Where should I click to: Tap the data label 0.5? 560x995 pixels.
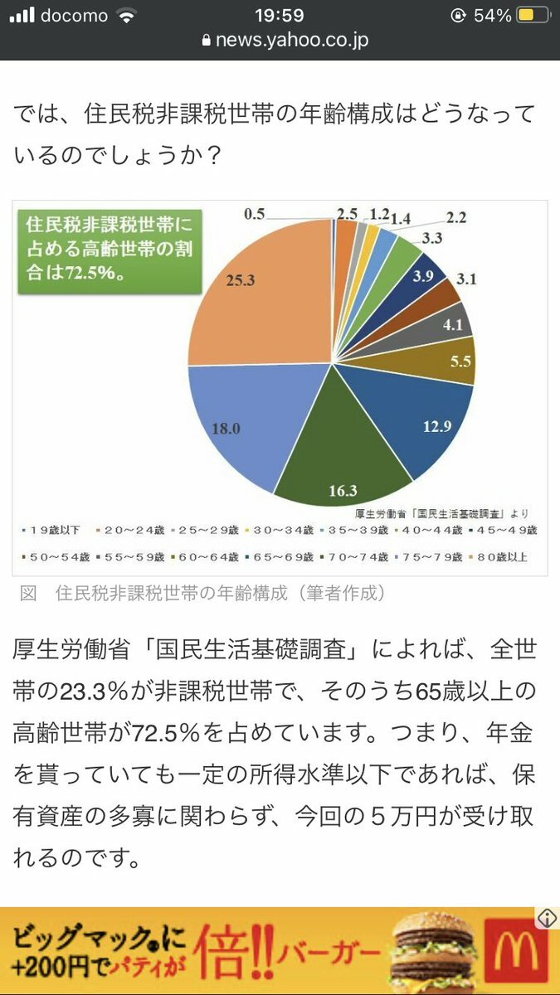(254, 214)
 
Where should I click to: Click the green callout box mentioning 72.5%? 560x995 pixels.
(106, 248)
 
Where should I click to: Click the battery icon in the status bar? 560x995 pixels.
(528, 16)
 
